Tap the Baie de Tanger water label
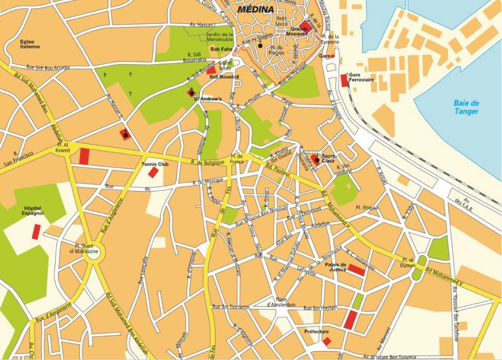point(466,108)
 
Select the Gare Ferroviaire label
point(361,77)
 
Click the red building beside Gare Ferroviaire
point(344,80)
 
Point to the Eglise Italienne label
point(30,44)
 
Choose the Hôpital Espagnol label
point(32,211)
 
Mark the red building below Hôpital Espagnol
point(36,232)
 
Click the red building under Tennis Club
point(153,173)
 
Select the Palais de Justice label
point(336,267)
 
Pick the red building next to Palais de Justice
point(357,270)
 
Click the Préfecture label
point(316,331)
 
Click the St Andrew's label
point(210,99)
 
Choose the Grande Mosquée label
point(300,31)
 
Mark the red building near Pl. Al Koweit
point(84,156)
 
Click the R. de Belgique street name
point(208,162)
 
